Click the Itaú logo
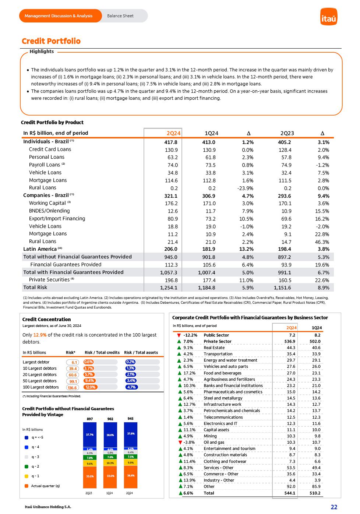coord(329,17)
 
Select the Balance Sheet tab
coord(120,16)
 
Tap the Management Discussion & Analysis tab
coord(59,16)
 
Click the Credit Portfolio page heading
coord(51,41)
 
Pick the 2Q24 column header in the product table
coord(173,133)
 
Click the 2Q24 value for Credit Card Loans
coord(172,150)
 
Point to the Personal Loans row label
coord(46,157)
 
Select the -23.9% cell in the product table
coord(246,188)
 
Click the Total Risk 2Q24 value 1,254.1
coord(169,288)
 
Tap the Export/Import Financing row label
coord(57,219)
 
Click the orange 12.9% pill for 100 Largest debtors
coord(90,387)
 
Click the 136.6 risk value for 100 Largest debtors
coord(72,388)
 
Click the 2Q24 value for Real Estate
coord(291,348)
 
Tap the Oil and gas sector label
coord(214,442)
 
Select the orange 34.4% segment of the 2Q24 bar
coord(130,476)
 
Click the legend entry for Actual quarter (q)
coord(45,486)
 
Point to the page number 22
coord(334,507)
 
